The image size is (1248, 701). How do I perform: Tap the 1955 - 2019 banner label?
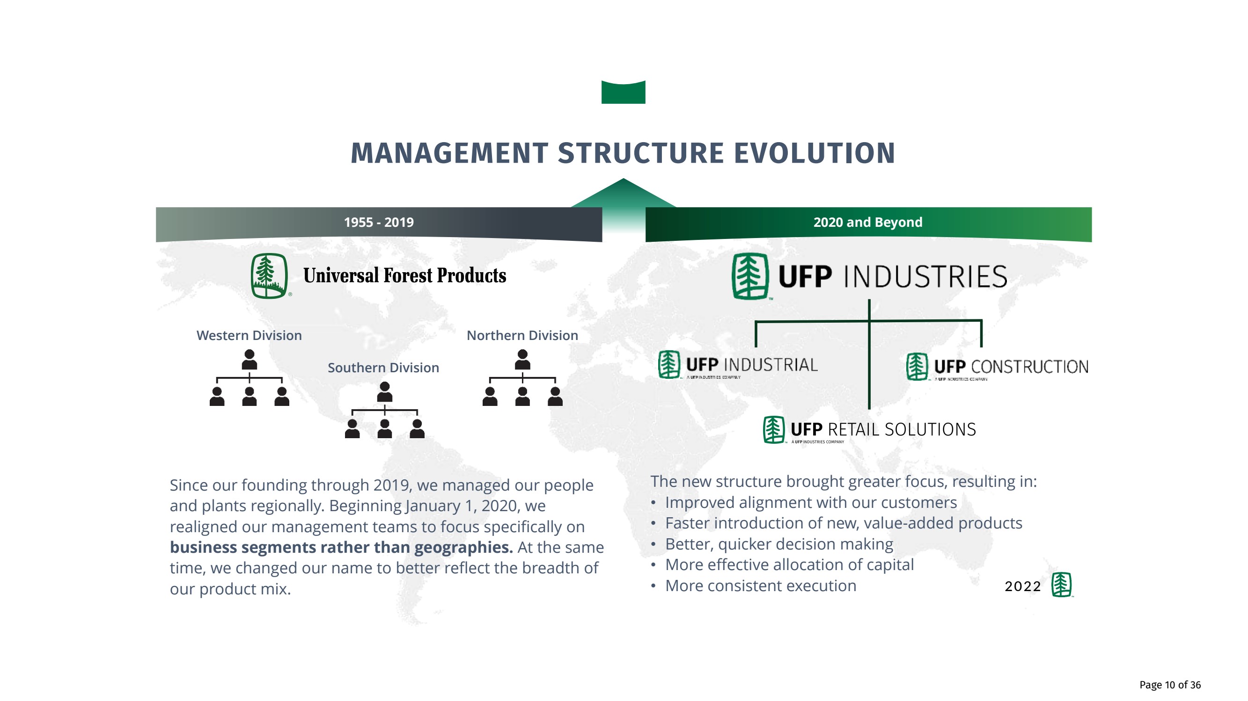[378, 222]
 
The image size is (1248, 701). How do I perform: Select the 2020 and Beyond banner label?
[867, 222]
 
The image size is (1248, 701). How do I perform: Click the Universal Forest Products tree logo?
[269, 276]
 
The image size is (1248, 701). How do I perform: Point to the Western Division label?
[249, 335]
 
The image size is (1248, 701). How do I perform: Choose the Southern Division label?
[383, 368]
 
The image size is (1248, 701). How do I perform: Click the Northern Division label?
[522, 335]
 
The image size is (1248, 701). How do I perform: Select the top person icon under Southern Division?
[384, 391]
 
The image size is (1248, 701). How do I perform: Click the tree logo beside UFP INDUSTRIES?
[749, 276]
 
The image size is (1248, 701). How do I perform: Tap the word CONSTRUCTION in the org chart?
[1029, 367]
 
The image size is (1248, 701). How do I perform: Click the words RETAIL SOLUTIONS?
[902, 429]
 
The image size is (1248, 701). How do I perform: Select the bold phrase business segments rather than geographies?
[341, 548]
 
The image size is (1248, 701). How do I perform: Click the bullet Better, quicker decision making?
[778, 544]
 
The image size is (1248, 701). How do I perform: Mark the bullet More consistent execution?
[760, 586]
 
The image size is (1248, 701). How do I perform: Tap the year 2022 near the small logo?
[1022, 586]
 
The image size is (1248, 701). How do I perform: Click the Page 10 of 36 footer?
[1169, 685]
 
